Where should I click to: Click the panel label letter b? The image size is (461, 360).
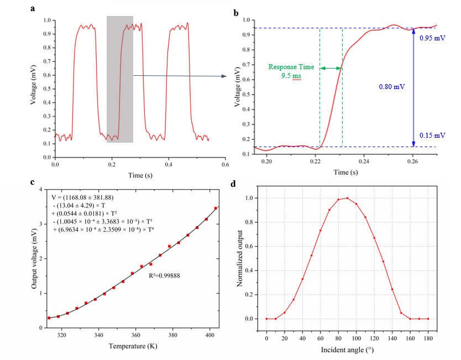pos(236,12)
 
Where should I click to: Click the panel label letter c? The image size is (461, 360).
pos(34,182)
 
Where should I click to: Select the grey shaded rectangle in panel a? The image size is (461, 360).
pos(119,79)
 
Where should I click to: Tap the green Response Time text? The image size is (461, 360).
pos(291,67)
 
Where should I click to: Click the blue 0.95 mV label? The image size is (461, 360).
pos(431,38)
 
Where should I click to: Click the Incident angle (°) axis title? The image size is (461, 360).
pos(347,351)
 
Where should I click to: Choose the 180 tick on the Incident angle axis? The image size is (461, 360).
pos(428,337)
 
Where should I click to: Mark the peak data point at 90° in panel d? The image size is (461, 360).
pos(347,198)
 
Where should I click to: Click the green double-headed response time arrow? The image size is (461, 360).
pos(332,68)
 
